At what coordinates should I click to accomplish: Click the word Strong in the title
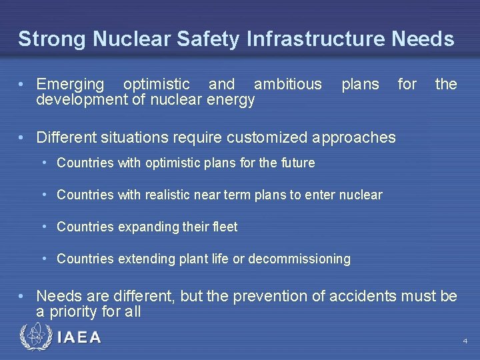[x=51, y=39]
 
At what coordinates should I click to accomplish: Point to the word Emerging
[x=70, y=85]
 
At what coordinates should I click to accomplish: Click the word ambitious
[x=287, y=85]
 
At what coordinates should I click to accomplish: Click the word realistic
[x=164, y=195]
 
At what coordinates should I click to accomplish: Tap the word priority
[x=74, y=311]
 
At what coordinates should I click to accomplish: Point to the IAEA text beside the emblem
[x=79, y=338]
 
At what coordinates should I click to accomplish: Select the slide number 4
[x=465, y=341]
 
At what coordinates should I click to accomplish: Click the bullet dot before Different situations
[x=23, y=137]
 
